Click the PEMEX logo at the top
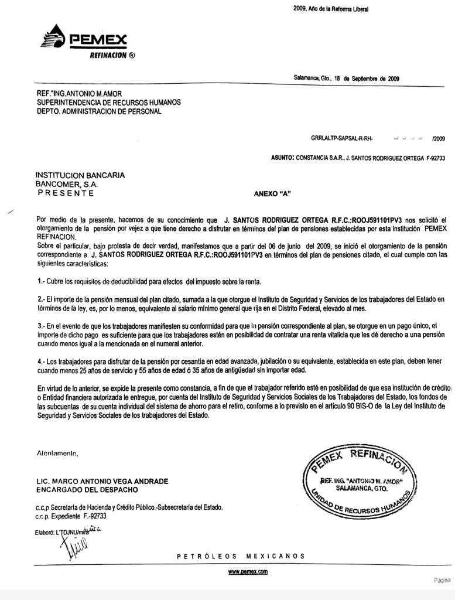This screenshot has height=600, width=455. [x=84, y=40]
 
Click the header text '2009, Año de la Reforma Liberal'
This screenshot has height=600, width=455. [x=330, y=9]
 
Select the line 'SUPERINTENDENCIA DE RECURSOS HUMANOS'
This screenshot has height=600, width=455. [x=108, y=103]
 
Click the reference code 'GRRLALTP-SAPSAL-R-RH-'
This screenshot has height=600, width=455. [x=342, y=139]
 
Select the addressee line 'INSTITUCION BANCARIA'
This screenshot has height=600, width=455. [x=80, y=175]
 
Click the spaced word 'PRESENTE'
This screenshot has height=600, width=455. [x=64, y=192]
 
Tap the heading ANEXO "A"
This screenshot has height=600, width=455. [x=272, y=193]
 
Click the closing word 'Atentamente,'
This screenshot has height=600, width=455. [x=57, y=453]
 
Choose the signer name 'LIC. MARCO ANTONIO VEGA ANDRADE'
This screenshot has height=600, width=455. [x=102, y=481]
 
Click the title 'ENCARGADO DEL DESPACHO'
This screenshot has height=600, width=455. [x=87, y=489]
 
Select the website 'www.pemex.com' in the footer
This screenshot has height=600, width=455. [x=248, y=571]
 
